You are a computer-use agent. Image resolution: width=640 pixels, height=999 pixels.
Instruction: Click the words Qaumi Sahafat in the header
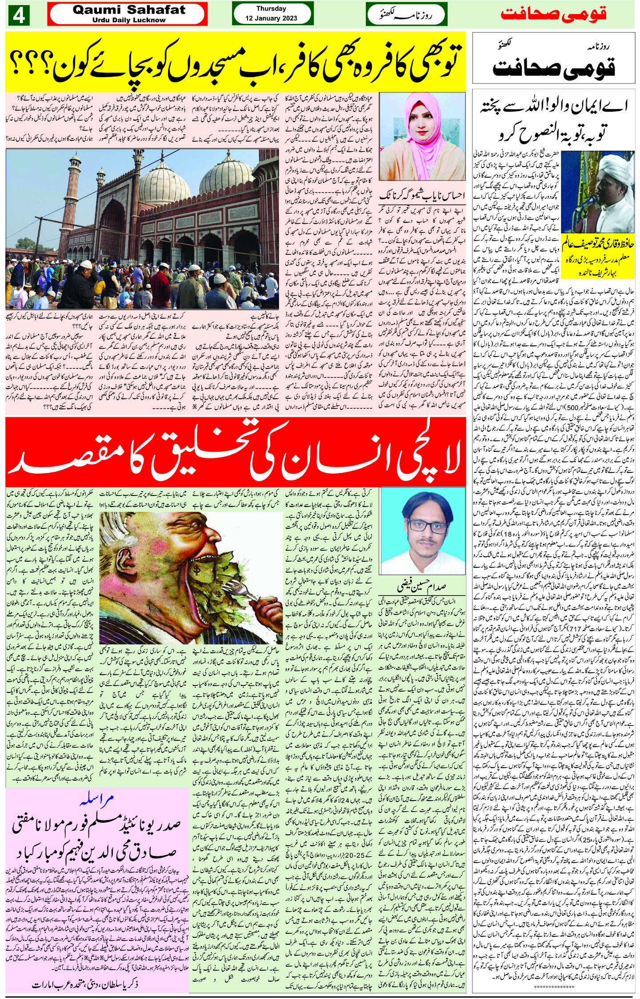coord(129,10)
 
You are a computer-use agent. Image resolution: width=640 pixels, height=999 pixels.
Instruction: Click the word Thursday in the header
coord(271,9)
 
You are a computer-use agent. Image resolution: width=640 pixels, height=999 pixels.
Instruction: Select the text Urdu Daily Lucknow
coord(129,20)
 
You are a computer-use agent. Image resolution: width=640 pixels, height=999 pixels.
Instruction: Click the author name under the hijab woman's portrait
coord(421,194)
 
